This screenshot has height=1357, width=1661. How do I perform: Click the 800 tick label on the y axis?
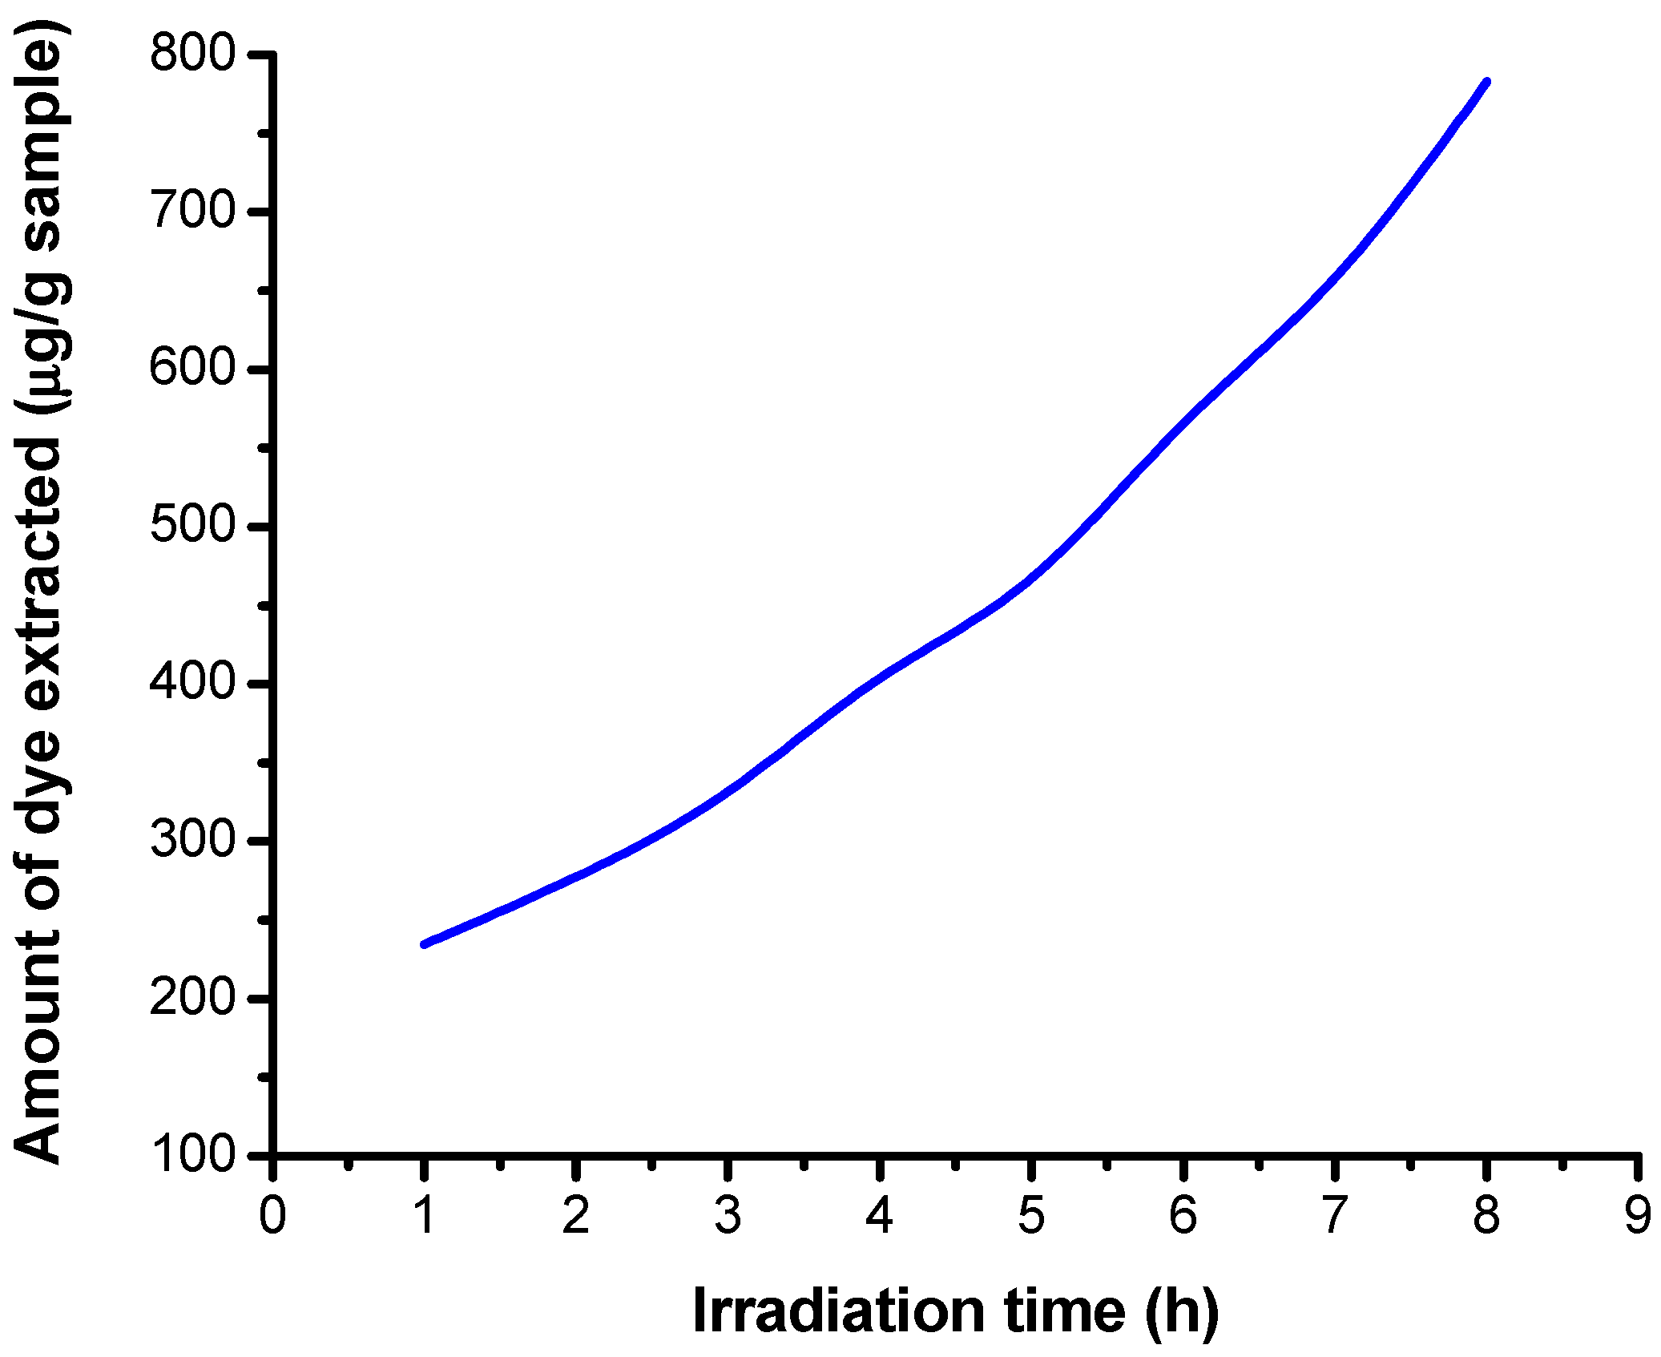[x=192, y=55]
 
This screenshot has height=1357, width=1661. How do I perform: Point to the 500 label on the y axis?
[x=192, y=527]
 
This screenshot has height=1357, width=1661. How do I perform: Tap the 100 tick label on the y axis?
[x=192, y=1155]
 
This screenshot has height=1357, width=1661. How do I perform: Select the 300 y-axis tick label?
[x=192, y=841]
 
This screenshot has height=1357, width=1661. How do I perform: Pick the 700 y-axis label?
[x=192, y=212]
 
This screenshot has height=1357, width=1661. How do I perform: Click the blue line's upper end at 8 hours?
[x=1486, y=82]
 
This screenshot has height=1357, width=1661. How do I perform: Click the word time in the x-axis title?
[x=1064, y=1311]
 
